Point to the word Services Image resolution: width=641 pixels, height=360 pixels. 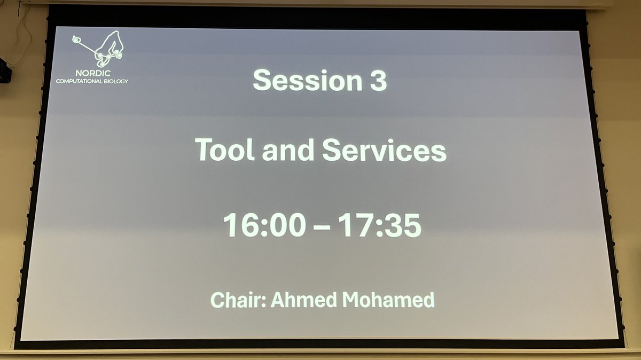384,150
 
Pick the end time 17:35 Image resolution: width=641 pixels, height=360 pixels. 380,225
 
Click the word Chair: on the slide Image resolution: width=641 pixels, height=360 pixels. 238,299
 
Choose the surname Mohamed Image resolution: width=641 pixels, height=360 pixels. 388,299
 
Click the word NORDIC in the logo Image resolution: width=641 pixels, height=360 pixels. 92,73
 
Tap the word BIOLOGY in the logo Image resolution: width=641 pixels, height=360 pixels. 118,81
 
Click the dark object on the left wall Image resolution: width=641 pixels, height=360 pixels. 4,70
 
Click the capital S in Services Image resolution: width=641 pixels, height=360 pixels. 332,150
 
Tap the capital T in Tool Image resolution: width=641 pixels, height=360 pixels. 204,150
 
